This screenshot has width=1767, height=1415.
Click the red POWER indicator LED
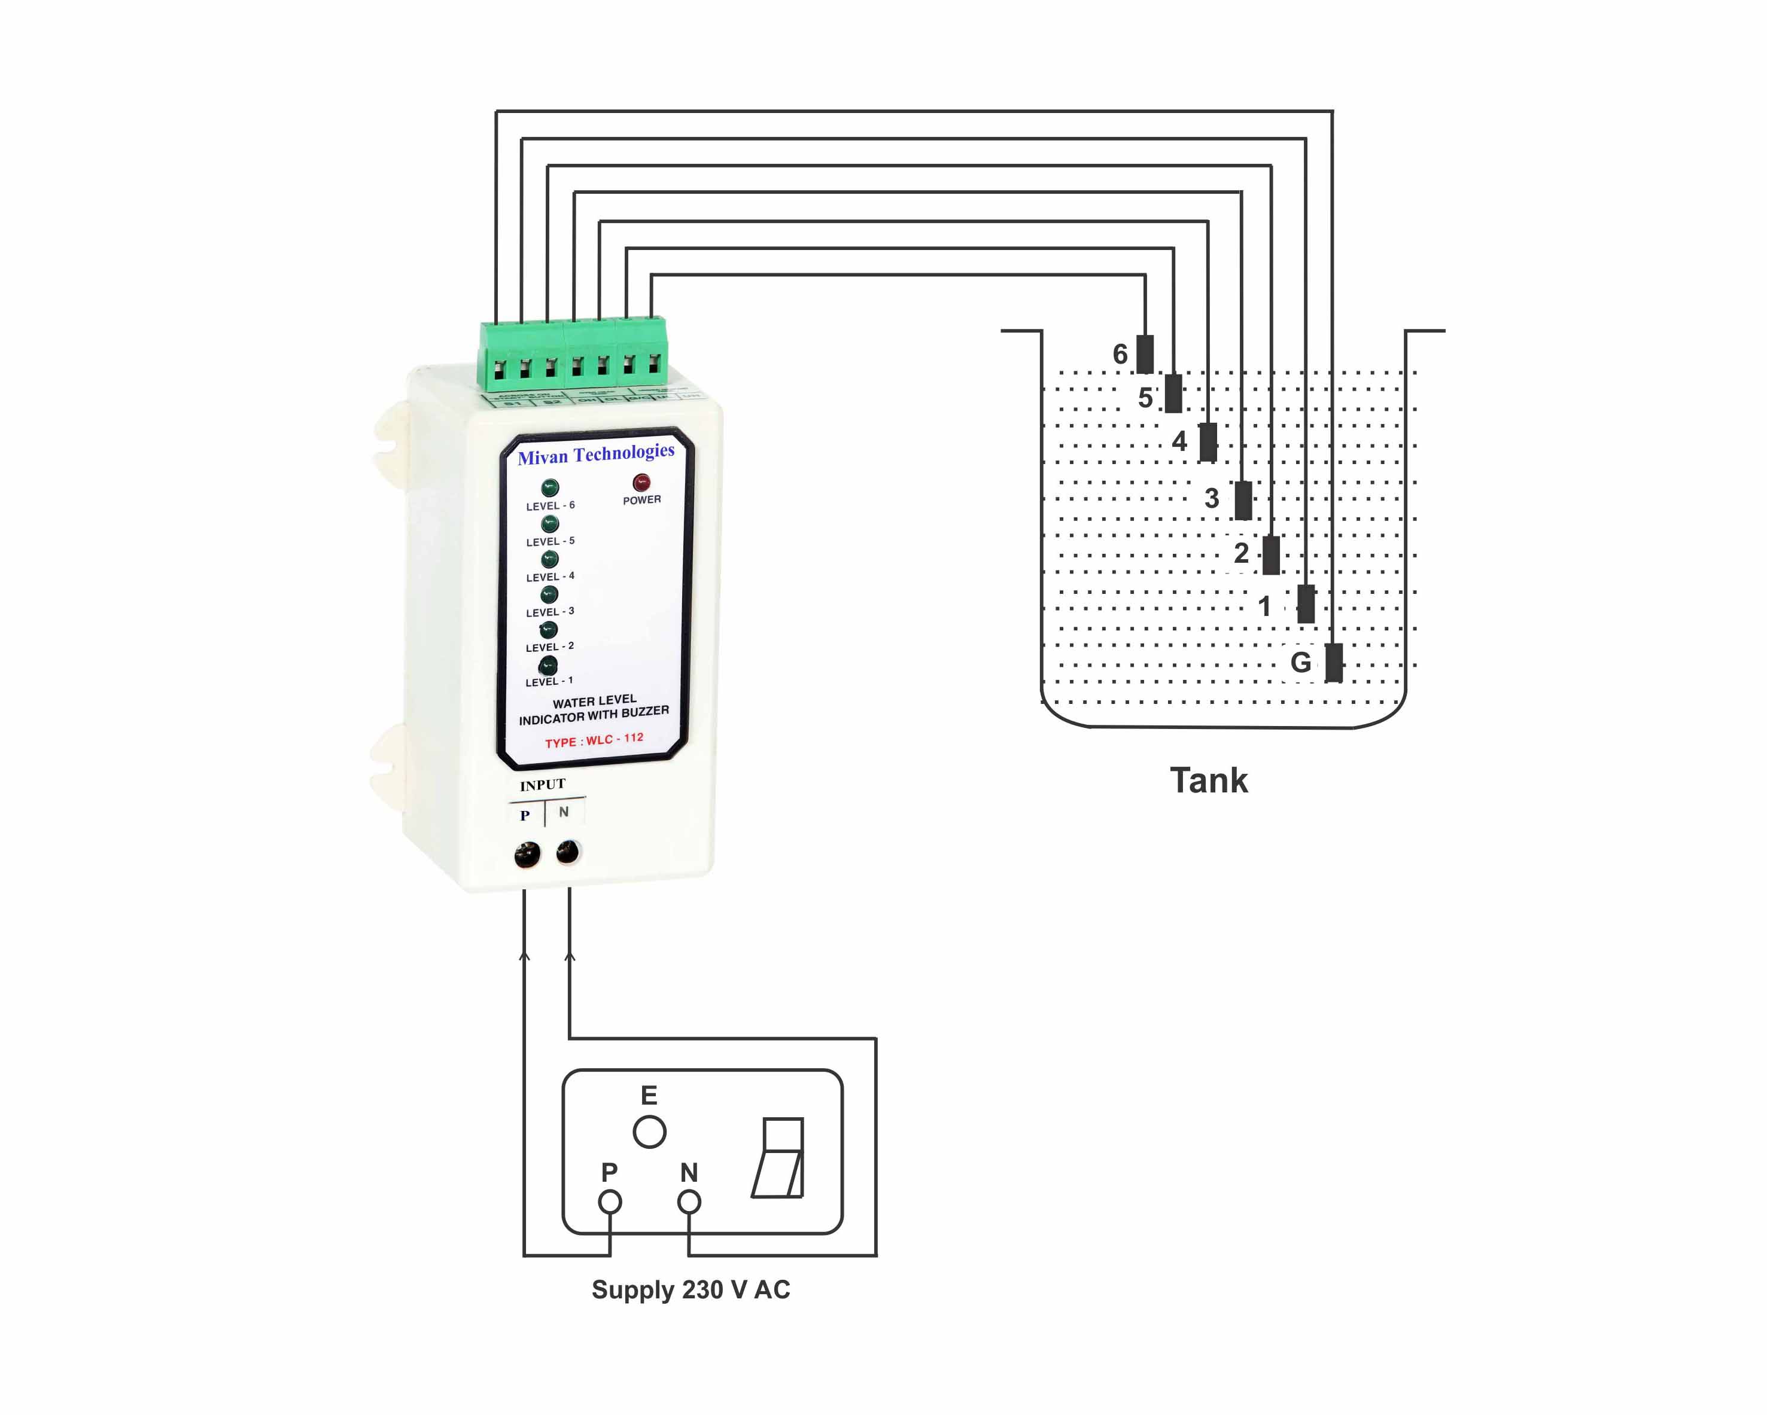641,482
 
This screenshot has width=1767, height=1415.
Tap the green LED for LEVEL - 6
550,489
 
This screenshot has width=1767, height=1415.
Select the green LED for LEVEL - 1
548,664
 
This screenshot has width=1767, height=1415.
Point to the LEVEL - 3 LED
549,594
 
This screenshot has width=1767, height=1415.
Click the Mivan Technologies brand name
596,454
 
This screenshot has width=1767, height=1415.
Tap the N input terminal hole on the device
567,852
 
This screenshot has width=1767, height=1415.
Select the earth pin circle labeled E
649,1132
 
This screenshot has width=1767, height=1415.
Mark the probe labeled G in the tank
1333,662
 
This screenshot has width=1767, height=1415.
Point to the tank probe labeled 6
1145,354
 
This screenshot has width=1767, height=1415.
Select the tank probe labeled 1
1306,604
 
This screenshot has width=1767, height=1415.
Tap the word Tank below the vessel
1208,780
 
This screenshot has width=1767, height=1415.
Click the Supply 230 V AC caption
691,1289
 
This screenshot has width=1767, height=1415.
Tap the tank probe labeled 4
1208,443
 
